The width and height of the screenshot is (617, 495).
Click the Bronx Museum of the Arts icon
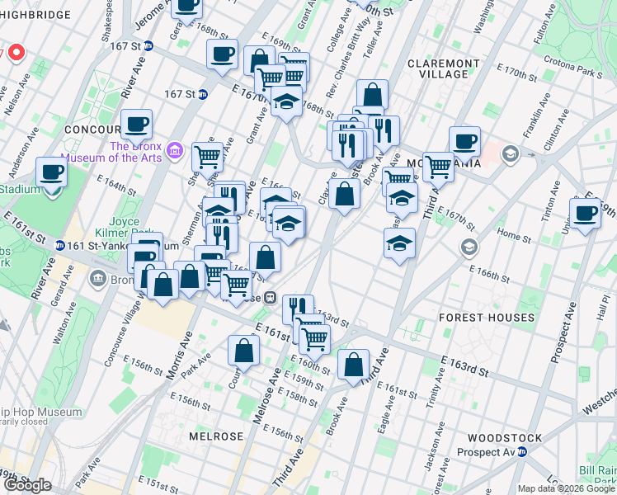174,151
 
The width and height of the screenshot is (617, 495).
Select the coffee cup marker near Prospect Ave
586,214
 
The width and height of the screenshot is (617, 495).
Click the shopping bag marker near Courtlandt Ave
245,351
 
